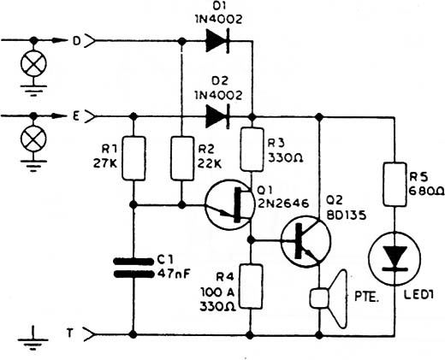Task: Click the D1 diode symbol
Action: [217, 41]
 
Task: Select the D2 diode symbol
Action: [217, 116]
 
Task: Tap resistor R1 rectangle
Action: [133, 158]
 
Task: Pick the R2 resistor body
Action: [182, 158]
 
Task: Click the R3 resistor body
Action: [252, 150]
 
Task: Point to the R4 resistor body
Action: [251, 286]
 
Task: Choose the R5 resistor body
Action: [395, 185]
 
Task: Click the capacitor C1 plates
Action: [133, 268]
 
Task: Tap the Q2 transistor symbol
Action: [306, 241]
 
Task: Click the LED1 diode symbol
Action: [395, 259]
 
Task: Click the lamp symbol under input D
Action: [33, 64]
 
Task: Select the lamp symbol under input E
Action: [33, 139]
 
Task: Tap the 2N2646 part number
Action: [283, 204]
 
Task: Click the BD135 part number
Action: [347, 215]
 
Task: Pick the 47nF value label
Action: [174, 274]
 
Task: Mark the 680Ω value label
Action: [426, 191]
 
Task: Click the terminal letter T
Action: [69, 333]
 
